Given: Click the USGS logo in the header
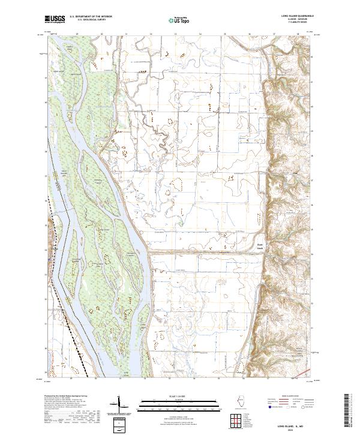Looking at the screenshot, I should [x=55, y=20].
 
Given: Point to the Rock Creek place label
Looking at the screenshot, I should [x=260, y=245].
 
